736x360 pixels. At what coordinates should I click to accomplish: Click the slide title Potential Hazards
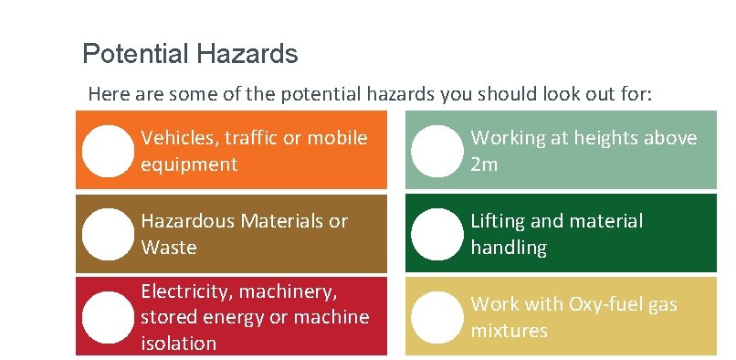[x=190, y=54]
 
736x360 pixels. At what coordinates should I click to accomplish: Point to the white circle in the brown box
[x=108, y=234]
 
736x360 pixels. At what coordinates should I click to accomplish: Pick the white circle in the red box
[x=108, y=317]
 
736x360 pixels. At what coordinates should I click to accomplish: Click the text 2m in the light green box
[x=484, y=165]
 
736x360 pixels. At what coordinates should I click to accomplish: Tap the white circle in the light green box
[x=436, y=151]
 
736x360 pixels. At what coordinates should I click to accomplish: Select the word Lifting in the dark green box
[x=499, y=221]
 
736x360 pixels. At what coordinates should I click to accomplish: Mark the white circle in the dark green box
[x=436, y=234]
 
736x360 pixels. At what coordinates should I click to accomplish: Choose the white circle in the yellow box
[x=436, y=317]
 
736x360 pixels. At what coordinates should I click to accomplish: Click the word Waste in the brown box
[x=169, y=248]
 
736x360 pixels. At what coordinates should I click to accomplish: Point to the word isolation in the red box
[x=179, y=344]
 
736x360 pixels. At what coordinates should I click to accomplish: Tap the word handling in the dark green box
[x=509, y=248]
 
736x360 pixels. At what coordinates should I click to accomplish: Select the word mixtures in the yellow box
[x=509, y=330]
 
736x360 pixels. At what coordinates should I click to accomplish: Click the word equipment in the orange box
[x=189, y=164]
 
